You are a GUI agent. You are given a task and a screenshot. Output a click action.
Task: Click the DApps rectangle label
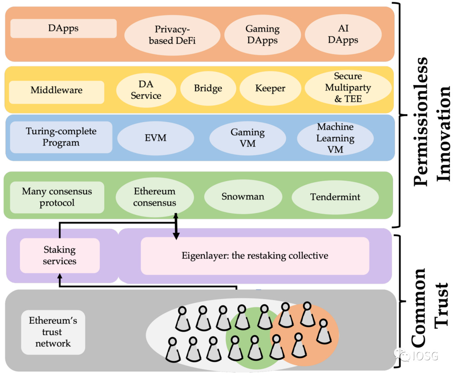tap(64, 28)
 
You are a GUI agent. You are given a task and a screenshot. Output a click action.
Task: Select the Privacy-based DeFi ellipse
tap(172, 35)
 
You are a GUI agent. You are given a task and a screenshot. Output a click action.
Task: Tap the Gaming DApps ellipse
tap(262, 34)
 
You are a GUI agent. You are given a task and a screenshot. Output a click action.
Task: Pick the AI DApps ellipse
tap(343, 34)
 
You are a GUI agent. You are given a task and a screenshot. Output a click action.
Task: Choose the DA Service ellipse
tap(146, 90)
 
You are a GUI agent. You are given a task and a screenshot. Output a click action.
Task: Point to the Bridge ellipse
tap(208, 88)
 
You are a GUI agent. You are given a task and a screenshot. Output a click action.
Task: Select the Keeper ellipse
tap(270, 88)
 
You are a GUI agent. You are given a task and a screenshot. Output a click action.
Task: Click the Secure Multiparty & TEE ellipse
tap(348, 88)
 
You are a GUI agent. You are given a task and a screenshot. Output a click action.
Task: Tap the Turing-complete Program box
tap(61, 137)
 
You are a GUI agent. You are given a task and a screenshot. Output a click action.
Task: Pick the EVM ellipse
tap(156, 138)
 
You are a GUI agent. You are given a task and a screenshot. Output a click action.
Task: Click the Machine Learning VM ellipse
tap(335, 138)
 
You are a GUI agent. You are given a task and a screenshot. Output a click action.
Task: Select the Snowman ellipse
tap(243, 196)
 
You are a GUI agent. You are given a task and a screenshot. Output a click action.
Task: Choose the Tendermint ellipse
tap(335, 197)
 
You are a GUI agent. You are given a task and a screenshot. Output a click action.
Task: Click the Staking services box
tap(60, 255)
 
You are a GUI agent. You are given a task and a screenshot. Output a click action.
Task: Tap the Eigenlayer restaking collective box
tap(255, 256)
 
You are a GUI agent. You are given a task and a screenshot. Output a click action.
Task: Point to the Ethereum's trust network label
tap(53, 332)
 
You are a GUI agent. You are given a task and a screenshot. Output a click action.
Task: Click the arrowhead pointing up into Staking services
tap(60, 276)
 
